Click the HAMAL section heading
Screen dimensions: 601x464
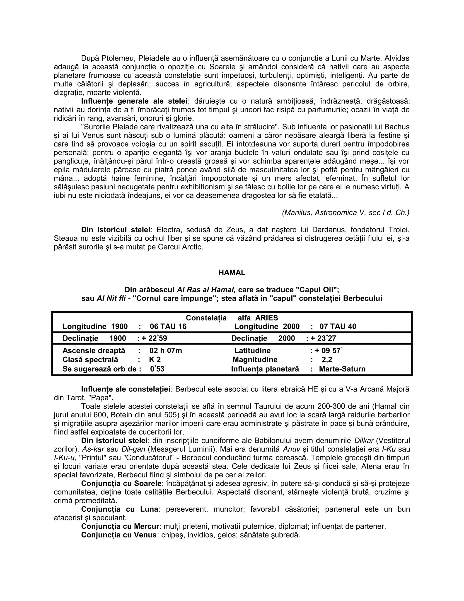tap(232, 273)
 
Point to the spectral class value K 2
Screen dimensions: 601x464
tap(155, 360)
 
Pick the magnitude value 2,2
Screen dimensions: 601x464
tap(327, 360)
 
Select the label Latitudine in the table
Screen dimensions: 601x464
tap(252, 351)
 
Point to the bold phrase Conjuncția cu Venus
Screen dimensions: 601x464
tap(119, 535)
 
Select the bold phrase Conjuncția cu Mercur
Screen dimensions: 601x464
tap(120, 526)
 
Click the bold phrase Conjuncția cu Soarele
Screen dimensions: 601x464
tap(121, 484)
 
